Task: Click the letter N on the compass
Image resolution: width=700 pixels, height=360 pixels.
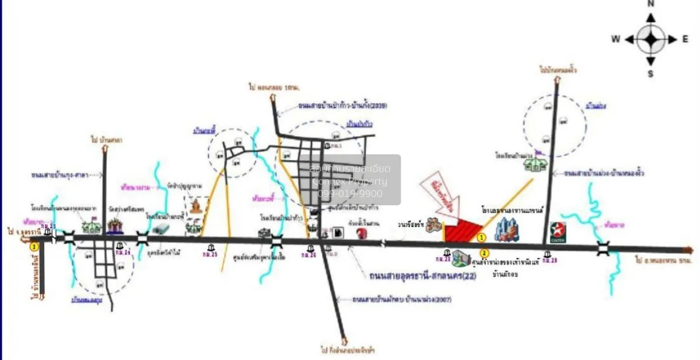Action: point(651,4)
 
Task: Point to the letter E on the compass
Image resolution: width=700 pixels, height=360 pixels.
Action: point(686,39)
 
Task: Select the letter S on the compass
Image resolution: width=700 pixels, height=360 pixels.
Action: point(651,73)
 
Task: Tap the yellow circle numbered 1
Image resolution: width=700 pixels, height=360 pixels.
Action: point(482,237)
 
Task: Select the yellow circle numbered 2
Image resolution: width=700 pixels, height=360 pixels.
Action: point(484,253)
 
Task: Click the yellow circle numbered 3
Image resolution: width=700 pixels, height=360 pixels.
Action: point(34,247)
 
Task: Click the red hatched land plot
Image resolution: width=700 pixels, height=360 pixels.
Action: point(464,231)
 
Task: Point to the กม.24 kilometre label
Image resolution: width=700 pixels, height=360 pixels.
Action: point(123,253)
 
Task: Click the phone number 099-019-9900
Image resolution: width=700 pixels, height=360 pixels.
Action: point(350,194)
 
